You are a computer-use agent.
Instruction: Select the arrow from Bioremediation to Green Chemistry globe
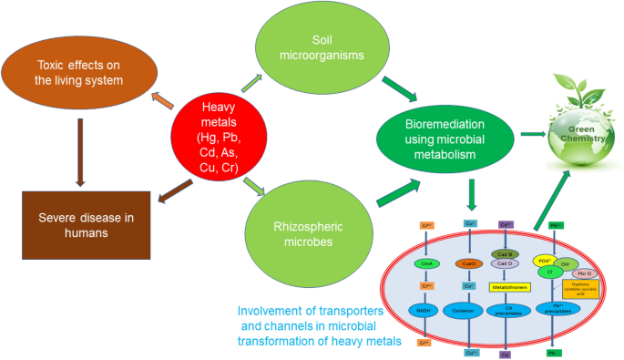coord(532,135)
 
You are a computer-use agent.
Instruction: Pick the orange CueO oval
coord(470,263)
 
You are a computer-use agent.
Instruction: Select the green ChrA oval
coord(424,263)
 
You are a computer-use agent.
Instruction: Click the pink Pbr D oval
coord(584,273)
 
